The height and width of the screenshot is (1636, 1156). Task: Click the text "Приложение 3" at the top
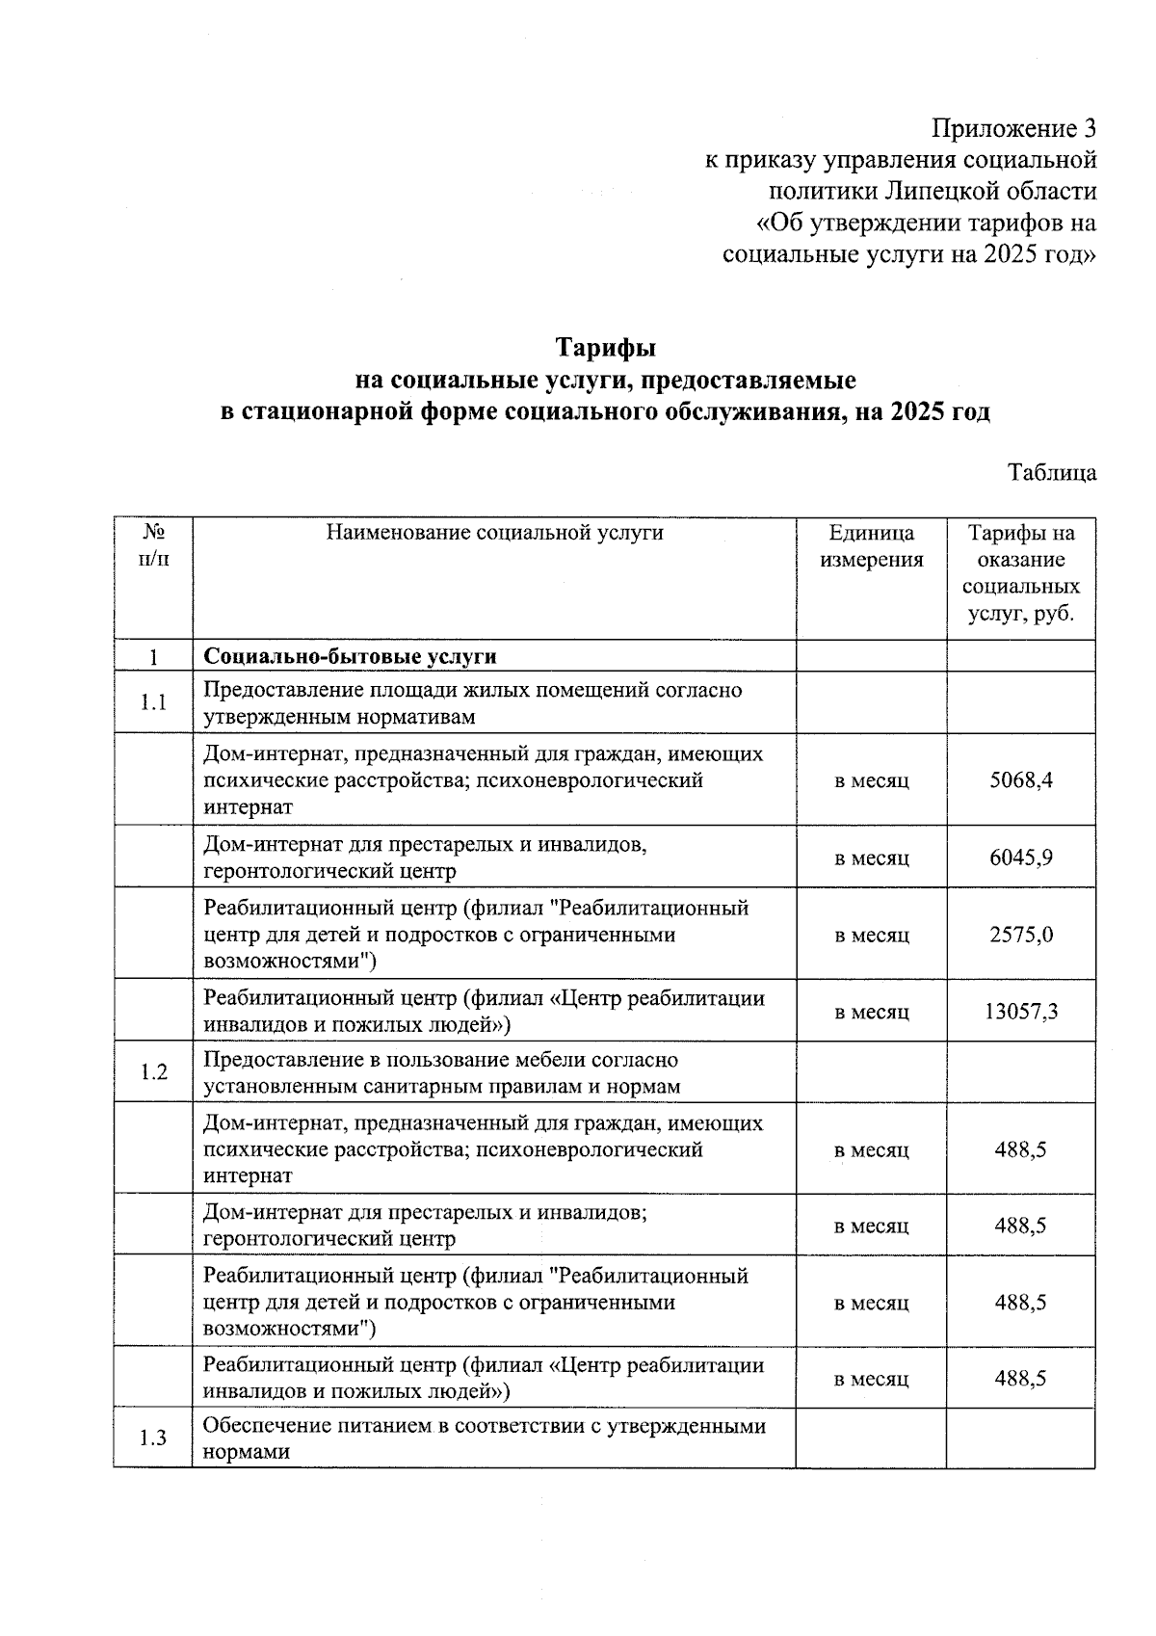tap(1013, 128)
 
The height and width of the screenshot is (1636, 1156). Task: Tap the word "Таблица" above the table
tap(1051, 473)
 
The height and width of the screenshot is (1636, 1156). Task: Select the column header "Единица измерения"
tap(871, 546)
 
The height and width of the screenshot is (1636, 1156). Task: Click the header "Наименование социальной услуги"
tap(494, 532)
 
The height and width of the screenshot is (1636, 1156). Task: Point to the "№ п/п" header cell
tap(153, 545)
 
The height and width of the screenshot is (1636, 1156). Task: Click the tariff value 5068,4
tap(1020, 779)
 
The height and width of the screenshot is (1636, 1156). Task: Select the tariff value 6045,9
tap(1020, 858)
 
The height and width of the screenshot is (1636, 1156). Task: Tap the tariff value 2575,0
tap(1020, 935)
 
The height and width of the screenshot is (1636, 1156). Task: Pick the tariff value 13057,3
tap(1020, 1012)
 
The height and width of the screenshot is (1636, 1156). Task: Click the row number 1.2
tap(153, 1072)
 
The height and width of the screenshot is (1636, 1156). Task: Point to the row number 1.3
tap(153, 1438)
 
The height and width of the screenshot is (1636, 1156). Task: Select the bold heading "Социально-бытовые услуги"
tap(350, 657)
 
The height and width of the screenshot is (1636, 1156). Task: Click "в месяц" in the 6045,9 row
tap(871, 858)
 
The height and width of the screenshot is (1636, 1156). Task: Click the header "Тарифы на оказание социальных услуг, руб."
tap(1020, 573)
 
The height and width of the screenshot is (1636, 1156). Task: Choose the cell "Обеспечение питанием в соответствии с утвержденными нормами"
tap(484, 1438)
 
